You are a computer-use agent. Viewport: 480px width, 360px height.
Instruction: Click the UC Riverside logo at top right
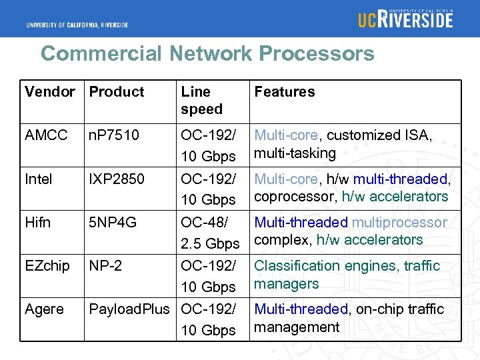click(405, 19)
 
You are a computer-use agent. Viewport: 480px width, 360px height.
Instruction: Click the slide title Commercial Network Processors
click(207, 53)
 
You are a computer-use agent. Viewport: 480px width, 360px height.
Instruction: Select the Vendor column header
click(49, 92)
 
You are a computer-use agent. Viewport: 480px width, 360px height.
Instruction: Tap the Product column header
click(117, 92)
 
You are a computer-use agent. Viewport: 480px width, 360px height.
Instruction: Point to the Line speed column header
click(201, 101)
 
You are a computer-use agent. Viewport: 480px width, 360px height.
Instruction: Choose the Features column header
click(285, 92)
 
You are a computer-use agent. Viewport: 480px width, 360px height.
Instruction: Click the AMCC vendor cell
click(46, 135)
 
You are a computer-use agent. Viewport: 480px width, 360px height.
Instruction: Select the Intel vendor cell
click(39, 179)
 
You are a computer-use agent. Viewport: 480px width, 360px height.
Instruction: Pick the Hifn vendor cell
click(37, 222)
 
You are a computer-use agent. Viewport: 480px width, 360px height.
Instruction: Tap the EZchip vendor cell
click(47, 265)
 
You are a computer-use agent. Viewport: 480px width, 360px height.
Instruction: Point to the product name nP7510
click(114, 135)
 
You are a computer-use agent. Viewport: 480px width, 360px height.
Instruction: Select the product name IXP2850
click(117, 179)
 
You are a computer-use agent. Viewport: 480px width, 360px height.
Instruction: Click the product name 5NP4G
click(113, 222)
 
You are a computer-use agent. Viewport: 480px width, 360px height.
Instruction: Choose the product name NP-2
click(105, 265)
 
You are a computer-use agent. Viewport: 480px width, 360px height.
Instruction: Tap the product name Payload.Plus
click(129, 309)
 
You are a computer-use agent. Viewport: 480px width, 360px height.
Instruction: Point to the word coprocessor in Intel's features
click(295, 197)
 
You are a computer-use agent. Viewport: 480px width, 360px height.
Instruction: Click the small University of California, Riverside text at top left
click(77, 25)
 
